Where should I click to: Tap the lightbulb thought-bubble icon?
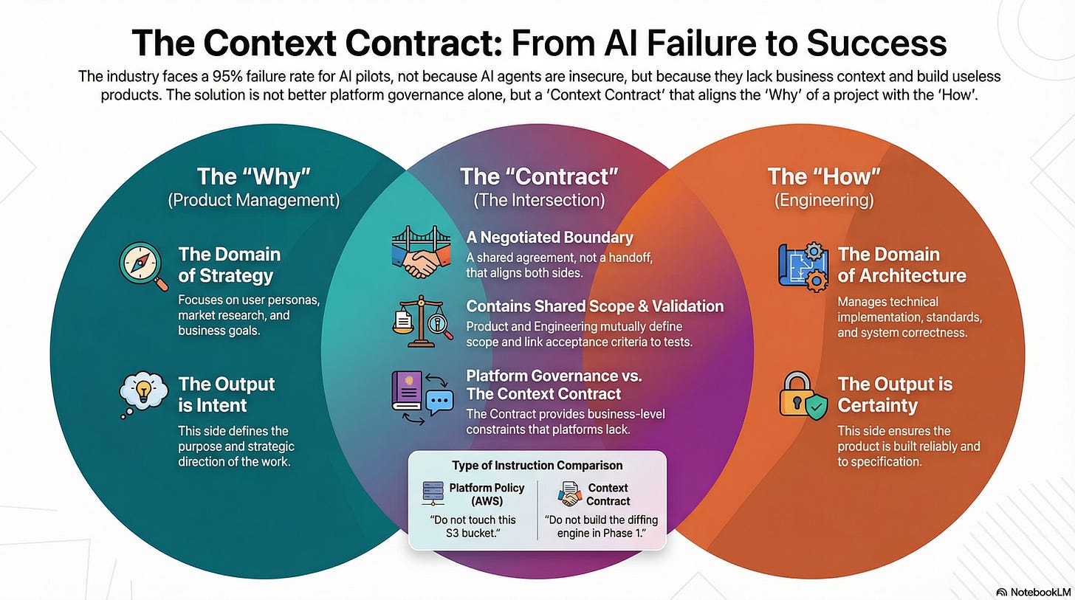(143, 395)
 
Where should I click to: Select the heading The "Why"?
(254, 176)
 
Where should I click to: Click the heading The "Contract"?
(539, 176)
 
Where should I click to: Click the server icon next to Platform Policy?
(433, 493)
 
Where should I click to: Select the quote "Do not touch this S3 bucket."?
(473, 526)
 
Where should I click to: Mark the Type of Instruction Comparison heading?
(537, 466)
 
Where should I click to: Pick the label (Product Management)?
(254, 200)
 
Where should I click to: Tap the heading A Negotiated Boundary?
(549, 238)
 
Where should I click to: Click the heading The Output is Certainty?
(895, 395)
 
